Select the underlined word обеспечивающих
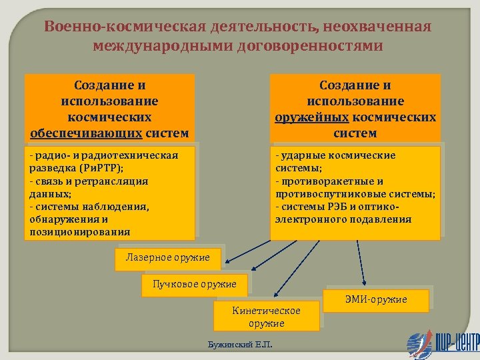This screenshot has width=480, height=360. [86, 133]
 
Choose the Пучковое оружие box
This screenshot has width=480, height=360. [194, 285]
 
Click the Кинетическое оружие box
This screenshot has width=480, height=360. [266, 317]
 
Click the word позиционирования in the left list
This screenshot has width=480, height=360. [79, 232]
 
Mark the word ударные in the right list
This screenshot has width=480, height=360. [301, 155]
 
